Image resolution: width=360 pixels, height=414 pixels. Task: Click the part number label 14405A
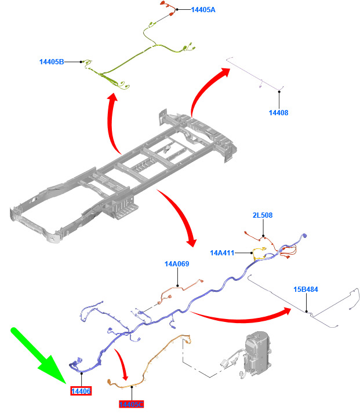203,10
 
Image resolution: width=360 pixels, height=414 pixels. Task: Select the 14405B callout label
52,61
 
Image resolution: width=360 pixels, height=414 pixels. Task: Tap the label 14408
278,113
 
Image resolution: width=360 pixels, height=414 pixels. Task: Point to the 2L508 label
262,215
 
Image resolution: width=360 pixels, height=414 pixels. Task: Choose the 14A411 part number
222,253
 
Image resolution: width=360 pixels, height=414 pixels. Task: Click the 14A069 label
177,264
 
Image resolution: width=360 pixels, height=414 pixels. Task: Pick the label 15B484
306,290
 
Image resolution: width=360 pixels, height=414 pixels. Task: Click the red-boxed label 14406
81,392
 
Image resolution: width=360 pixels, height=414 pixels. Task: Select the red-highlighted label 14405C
131,404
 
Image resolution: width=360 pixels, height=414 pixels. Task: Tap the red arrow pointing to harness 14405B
114,124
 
